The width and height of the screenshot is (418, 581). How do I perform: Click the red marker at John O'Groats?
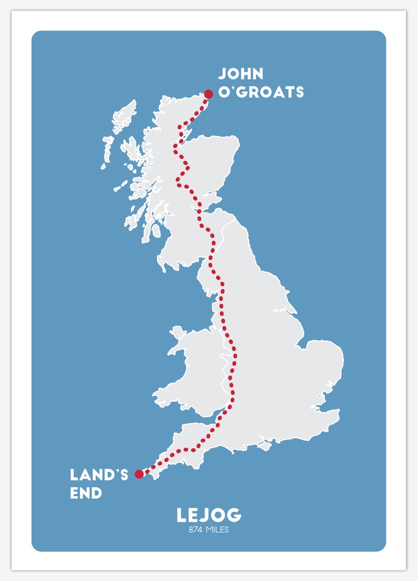208,94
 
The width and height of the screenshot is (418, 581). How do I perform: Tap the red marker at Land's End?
139,474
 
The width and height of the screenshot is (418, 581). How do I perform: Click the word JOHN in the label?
241,74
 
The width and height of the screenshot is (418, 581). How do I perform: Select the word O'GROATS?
261,92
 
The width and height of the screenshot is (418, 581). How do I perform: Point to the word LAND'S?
99,475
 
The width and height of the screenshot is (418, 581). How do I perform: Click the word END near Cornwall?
86,493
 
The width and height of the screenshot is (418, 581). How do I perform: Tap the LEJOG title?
209,515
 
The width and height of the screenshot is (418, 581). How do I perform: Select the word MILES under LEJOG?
218,530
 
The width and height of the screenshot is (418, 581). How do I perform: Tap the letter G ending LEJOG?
234,515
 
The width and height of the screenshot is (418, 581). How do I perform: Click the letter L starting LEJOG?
182,515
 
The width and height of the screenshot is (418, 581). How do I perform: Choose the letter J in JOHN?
222,74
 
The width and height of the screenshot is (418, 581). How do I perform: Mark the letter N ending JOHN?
257,74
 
